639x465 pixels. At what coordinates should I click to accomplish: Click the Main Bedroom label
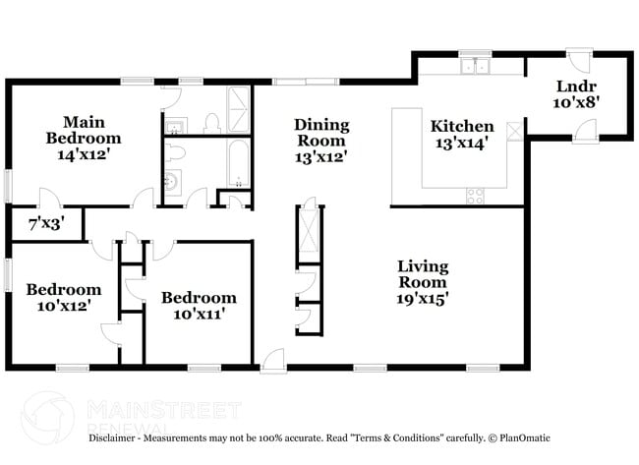(x=85, y=130)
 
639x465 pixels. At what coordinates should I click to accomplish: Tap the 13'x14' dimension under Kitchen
(x=461, y=144)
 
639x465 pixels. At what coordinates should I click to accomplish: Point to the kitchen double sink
(x=475, y=67)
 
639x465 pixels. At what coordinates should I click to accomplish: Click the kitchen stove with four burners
(x=475, y=195)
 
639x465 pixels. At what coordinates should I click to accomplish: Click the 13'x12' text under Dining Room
(x=319, y=155)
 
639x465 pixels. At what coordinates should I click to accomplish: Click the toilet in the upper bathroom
(x=209, y=123)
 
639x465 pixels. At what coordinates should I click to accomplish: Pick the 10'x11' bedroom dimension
(x=199, y=315)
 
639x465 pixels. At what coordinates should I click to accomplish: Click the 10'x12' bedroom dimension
(x=63, y=306)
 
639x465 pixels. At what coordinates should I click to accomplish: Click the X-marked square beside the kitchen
(x=513, y=130)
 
